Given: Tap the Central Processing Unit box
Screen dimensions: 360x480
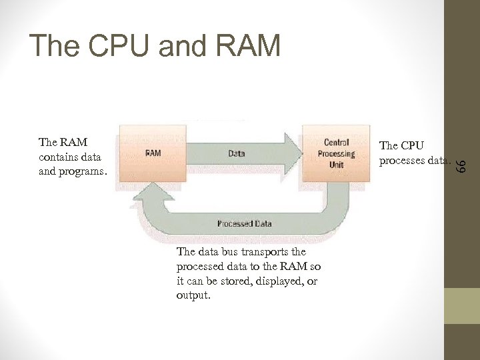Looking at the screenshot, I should coord(336,153).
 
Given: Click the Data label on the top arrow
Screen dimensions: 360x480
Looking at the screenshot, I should coord(236,153).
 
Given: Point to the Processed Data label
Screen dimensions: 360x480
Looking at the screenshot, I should coord(244,223).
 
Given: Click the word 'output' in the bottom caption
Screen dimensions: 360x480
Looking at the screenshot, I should coord(192,295).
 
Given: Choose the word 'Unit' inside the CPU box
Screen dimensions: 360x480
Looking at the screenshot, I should coord(336,164).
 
